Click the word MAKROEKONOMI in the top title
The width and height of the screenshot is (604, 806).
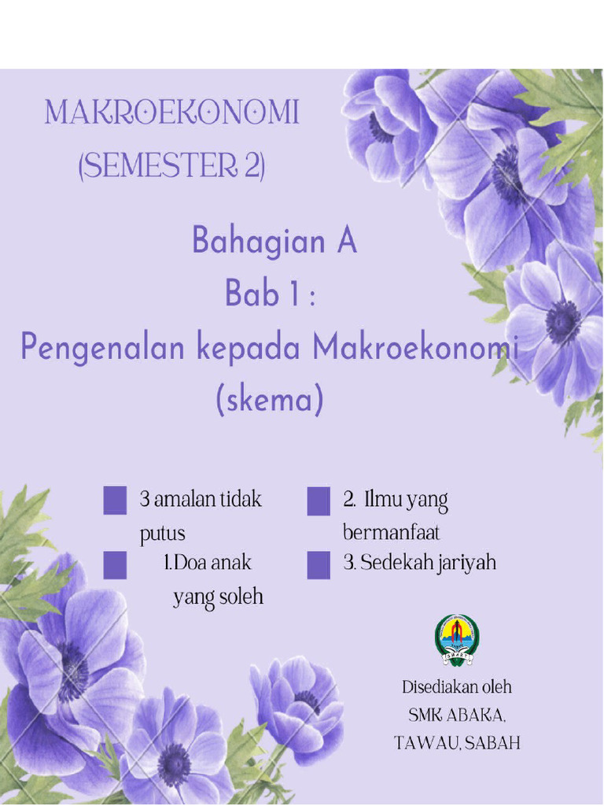point(171,113)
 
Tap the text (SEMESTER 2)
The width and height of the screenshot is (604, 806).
point(171,167)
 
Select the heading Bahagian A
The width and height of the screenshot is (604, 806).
point(274,241)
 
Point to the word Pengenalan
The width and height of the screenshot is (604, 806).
point(104,348)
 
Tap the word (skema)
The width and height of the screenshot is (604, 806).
point(270,401)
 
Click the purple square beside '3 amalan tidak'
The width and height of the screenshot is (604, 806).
point(115,501)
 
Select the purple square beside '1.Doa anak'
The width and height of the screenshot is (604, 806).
point(115,564)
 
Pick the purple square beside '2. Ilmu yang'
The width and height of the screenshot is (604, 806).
point(319,501)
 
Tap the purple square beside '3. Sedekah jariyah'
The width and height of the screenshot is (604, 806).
point(319,564)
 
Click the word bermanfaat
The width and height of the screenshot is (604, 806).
point(391,533)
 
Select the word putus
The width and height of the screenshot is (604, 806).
point(163,534)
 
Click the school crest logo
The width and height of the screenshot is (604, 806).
point(457,639)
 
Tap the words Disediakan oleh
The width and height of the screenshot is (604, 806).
point(457,687)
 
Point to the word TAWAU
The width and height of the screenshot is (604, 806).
point(425,743)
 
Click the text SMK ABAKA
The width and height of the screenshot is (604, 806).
point(457,715)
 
